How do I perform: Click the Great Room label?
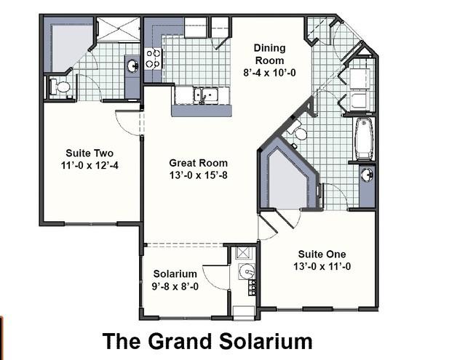click(198, 163)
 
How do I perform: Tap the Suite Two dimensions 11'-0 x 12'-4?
click(90, 166)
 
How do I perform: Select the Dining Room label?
click(269, 55)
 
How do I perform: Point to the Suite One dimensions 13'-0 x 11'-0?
click(322, 266)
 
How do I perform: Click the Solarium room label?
click(175, 273)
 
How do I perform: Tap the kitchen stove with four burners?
click(153, 59)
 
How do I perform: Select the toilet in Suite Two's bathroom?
click(60, 87)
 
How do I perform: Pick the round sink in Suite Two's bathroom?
click(132, 66)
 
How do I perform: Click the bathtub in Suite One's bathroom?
click(364, 139)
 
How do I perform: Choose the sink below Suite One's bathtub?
click(367, 175)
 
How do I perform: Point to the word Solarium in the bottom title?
click(266, 342)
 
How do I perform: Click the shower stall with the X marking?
click(118, 29)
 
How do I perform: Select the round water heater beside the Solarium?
click(247, 272)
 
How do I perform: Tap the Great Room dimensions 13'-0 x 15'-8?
click(198, 175)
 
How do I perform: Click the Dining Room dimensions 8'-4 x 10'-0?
click(269, 73)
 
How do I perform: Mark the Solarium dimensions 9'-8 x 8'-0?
click(175, 287)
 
